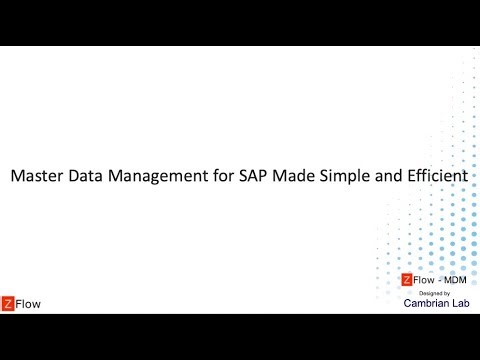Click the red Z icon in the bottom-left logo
(x=9, y=303)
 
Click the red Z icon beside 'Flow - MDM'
(x=406, y=280)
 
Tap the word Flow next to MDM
(x=423, y=280)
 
